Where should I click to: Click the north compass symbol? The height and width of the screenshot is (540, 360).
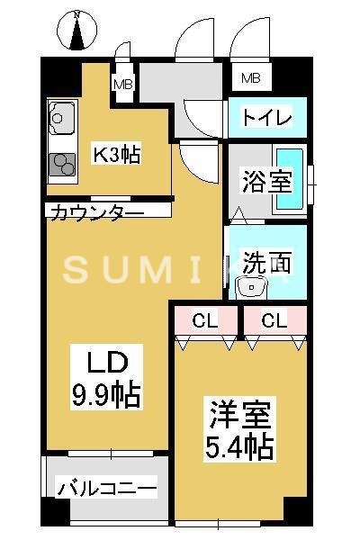77,32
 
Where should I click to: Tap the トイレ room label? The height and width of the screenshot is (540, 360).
267,118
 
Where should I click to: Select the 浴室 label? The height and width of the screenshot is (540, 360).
266,180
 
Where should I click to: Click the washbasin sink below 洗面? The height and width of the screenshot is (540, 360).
249,287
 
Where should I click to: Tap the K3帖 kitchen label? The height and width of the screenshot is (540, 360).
117,154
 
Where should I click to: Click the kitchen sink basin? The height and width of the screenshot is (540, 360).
61,117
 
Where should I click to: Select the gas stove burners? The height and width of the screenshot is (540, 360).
62,163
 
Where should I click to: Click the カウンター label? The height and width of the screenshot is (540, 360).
97,212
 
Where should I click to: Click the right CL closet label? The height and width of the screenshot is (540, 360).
274,319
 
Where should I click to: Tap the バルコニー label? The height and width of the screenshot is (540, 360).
107,489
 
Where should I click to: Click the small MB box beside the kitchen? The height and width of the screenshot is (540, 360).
122,85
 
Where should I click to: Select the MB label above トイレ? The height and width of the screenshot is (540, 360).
251,77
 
